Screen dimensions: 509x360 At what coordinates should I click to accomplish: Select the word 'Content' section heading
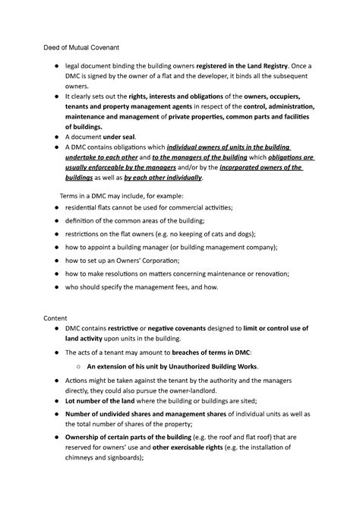tap(55, 318)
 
